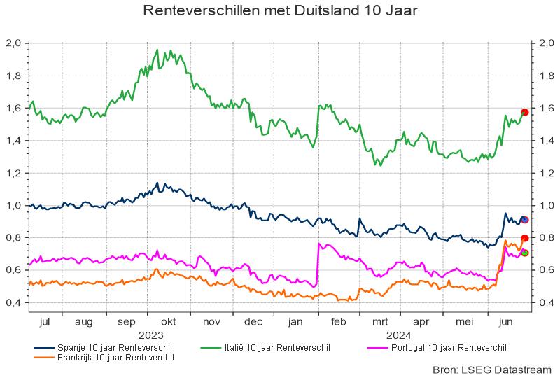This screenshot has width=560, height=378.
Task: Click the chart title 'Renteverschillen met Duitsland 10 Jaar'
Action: pyautogui.click(x=280, y=12)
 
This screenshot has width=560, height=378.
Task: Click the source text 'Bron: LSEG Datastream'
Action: pyautogui.click(x=493, y=369)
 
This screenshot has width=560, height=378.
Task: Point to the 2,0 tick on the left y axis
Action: pyautogui.click(x=14, y=43)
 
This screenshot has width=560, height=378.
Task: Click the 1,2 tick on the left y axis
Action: pyautogui.click(x=14, y=173)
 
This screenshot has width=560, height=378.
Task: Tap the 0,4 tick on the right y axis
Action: pyautogui.click(x=546, y=302)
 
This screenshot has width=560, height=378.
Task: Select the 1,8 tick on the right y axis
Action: pyautogui.click(x=546, y=76)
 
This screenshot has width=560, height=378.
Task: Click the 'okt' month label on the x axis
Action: pyautogui.click(x=168, y=322)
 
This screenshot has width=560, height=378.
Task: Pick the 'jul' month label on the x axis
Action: pyautogui.click(x=45, y=322)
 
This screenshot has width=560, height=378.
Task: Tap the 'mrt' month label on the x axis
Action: pyautogui.click(x=380, y=322)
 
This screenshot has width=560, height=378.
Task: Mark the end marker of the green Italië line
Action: pyautogui.click(x=524, y=112)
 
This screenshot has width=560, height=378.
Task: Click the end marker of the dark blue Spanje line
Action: pyautogui.click(x=525, y=220)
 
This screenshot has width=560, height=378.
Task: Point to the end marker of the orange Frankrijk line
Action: pyautogui.click(x=524, y=239)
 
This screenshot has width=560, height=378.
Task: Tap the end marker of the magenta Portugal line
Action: pyautogui.click(x=525, y=253)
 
